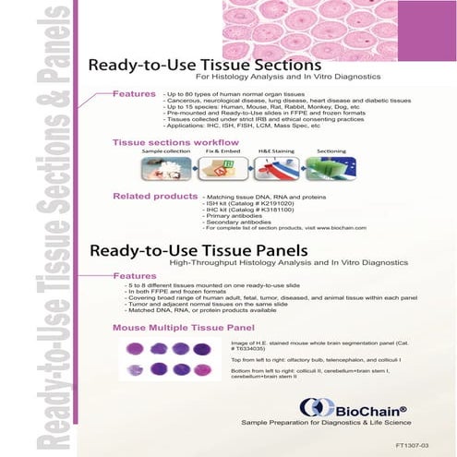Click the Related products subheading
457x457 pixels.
pyautogui.click(x=154, y=196)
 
